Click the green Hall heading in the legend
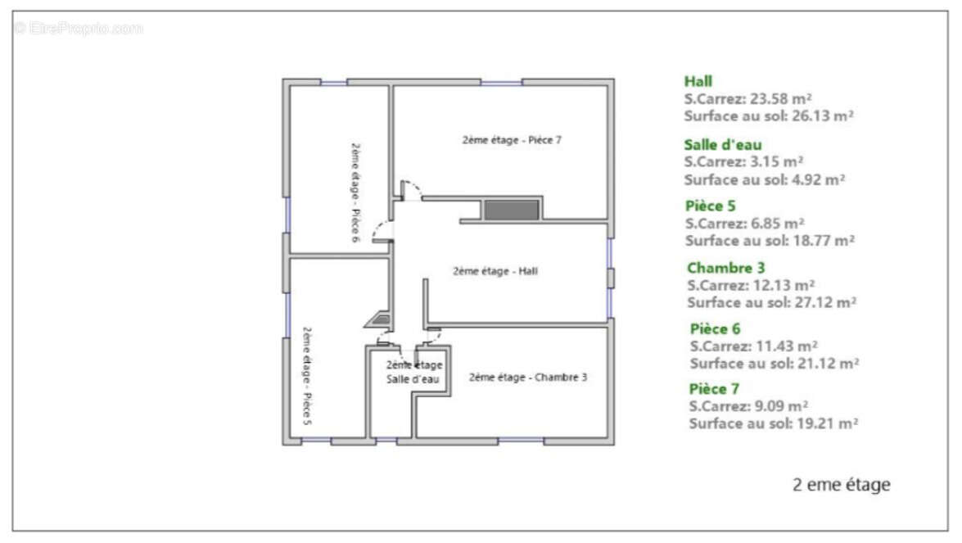click(698, 82)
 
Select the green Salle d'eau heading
click(723, 145)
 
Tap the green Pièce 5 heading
click(711, 206)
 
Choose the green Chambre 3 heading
click(725, 268)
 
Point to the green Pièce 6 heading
click(716, 329)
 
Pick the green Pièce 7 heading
click(714, 389)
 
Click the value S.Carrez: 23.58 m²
click(747, 99)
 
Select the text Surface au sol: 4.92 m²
click(765, 180)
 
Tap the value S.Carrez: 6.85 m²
click(745, 224)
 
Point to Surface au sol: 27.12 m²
click(772, 302)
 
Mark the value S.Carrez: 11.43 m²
click(754, 346)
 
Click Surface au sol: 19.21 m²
click(774, 423)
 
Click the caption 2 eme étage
click(842, 485)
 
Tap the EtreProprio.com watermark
click(79, 28)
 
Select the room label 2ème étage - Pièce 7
click(512, 140)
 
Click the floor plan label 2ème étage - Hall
click(495, 271)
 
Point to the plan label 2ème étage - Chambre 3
click(528, 378)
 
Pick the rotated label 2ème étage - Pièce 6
click(355, 192)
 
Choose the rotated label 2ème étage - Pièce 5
click(307, 375)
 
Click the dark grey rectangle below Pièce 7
click(512, 210)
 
